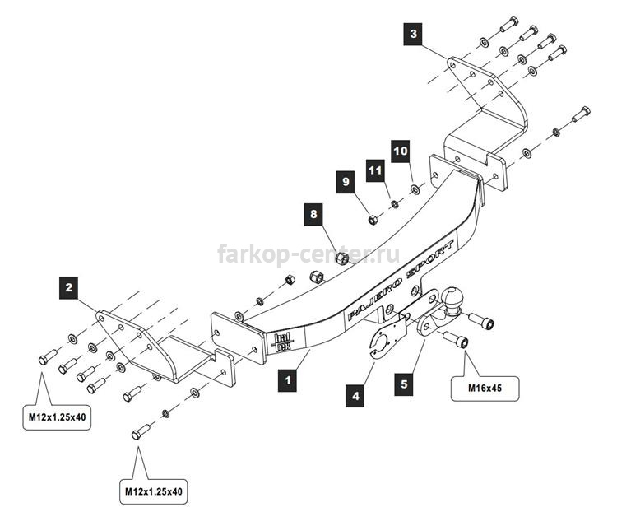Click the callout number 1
287,380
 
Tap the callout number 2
69,287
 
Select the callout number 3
413,34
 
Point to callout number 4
355,395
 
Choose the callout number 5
404,384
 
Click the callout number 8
313,214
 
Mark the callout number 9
346,182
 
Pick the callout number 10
401,151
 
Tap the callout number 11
375,170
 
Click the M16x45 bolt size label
485,389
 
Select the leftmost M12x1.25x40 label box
57,417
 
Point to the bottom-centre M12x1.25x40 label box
154,492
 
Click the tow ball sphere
453,297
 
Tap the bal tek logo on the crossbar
282,342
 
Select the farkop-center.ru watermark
308,254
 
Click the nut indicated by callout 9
373,219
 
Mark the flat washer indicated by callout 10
415,189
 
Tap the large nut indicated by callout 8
342,258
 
